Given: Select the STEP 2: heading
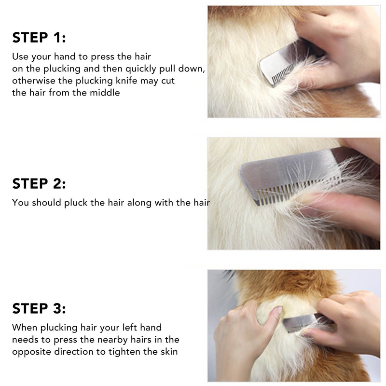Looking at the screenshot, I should (39, 183).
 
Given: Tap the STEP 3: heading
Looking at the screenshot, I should (39, 308).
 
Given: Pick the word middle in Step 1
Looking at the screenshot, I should (103, 92).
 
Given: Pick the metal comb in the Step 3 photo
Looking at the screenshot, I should (302, 326).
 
